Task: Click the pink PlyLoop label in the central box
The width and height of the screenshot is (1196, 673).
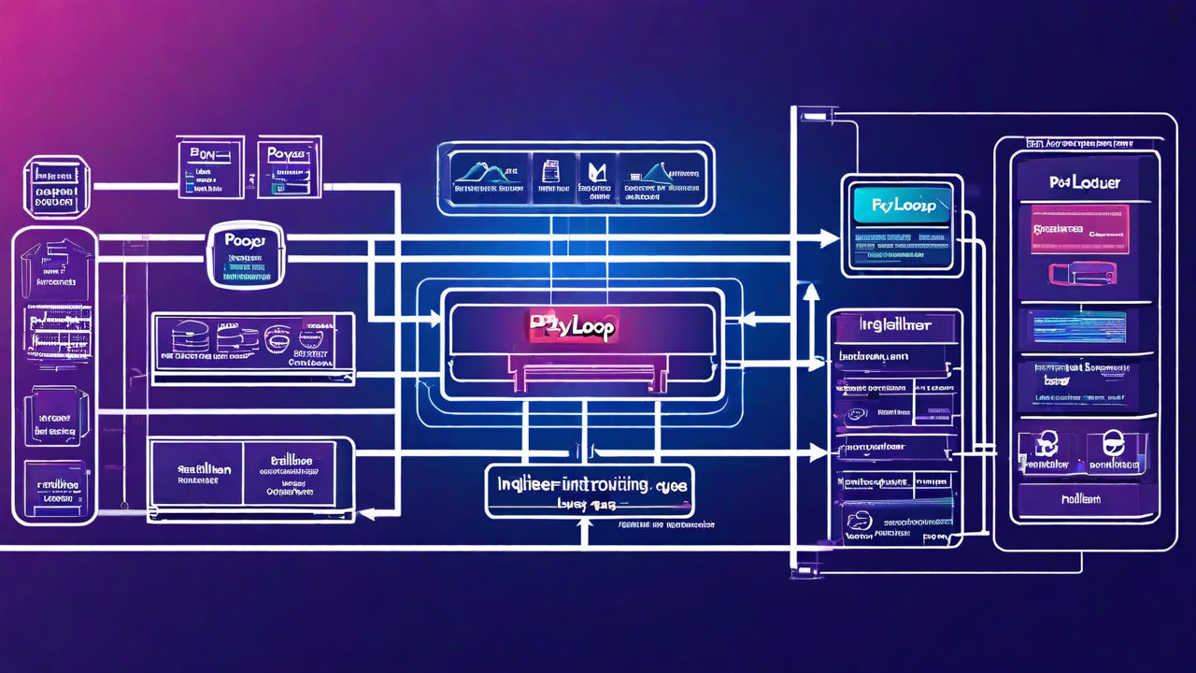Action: (573, 326)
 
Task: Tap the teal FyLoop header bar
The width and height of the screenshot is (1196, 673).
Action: (902, 204)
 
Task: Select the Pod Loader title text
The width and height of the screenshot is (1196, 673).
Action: (1084, 183)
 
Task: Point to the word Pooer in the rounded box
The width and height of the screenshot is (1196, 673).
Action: (245, 240)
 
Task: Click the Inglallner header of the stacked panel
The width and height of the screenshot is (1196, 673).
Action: (894, 326)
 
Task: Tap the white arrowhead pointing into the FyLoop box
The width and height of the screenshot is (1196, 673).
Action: (830, 240)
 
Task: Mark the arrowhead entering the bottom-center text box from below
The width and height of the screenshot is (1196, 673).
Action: (585, 526)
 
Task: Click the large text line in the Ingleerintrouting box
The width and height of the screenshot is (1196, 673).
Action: (589, 485)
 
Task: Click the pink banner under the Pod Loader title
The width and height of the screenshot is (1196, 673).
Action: (1079, 227)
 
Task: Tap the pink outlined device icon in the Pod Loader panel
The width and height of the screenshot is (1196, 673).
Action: (1082, 273)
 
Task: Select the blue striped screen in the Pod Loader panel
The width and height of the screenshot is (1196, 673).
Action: (1076, 326)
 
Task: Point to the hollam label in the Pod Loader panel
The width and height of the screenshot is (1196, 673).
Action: (1080, 499)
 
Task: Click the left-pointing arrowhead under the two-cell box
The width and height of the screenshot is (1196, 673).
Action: (367, 513)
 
